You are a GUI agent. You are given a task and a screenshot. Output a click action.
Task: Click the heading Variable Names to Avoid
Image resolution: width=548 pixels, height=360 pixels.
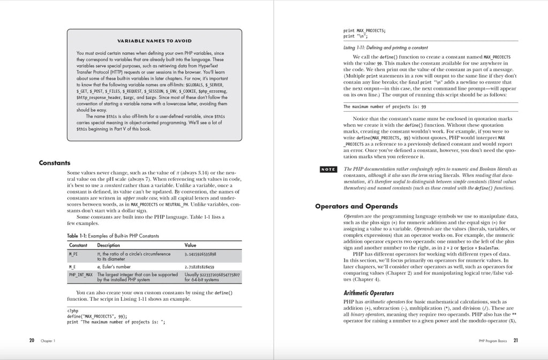pos(154,41)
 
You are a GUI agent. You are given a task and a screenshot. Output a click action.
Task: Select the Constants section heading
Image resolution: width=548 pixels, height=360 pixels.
pos(55,163)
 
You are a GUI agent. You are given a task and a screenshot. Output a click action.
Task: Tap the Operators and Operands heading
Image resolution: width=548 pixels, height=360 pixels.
pos(355,206)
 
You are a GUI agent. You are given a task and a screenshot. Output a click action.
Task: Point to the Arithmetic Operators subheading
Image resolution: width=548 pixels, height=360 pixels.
pos(368,293)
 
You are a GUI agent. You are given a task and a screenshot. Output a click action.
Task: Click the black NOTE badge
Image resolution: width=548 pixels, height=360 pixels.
pos(328,170)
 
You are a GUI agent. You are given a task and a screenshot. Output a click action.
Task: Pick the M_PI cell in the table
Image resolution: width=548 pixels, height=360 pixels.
pos(73,254)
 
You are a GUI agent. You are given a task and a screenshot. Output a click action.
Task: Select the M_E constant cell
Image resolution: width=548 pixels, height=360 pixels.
pos(72,266)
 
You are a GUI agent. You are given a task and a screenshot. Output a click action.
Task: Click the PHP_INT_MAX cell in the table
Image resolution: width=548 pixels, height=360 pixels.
pos(81,274)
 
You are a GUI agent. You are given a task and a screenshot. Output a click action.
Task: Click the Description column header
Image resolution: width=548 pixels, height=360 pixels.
pos(108,245)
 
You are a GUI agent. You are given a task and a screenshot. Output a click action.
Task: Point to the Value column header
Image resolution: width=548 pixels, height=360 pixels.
pos(190,245)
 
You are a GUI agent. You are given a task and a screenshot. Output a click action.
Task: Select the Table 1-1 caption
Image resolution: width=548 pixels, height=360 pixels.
pos(112,235)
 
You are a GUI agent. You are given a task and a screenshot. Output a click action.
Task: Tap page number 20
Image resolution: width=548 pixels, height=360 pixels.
pos(32,340)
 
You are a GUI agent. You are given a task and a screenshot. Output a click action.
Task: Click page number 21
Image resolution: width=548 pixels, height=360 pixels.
pos(515,340)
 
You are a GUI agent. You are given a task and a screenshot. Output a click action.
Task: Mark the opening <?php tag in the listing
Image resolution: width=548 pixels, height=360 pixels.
pos(73,311)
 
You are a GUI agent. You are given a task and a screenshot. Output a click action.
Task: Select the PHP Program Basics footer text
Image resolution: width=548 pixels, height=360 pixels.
pos(492,341)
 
